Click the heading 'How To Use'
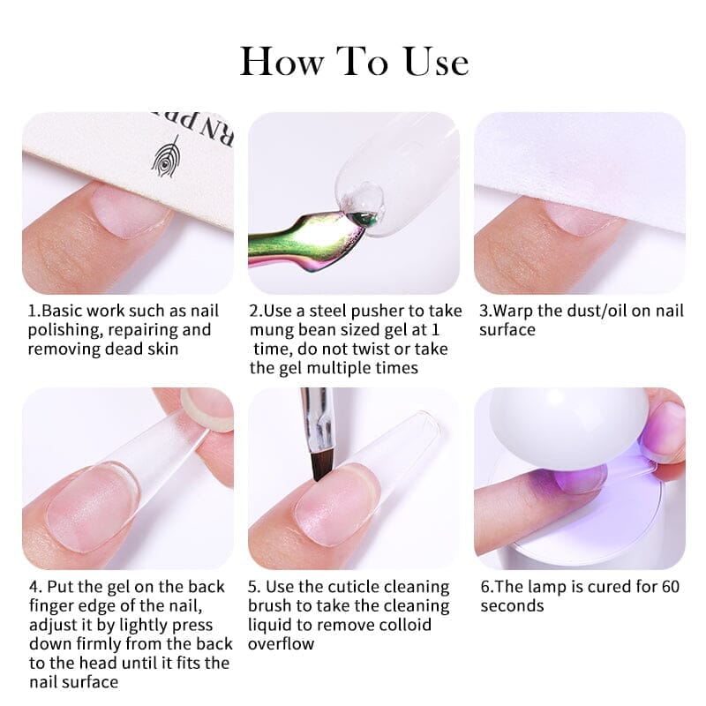click(x=354, y=62)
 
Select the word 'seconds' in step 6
click(x=512, y=605)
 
